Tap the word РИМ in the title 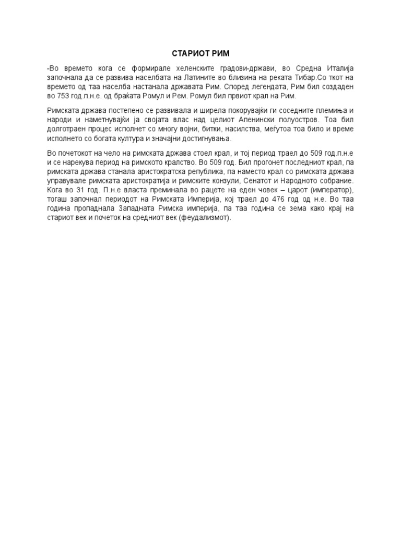click(x=220, y=54)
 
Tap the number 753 click(x=63, y=96)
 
